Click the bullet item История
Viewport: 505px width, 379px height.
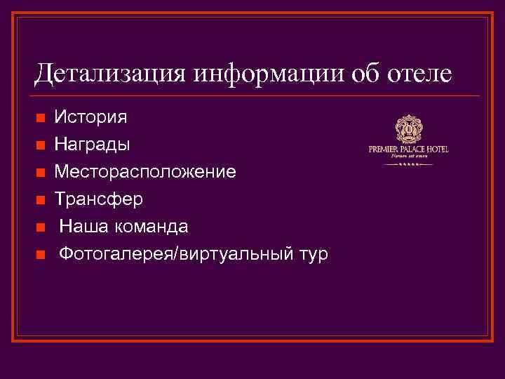coord(90,117)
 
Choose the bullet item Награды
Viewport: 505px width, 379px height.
coord(92,144)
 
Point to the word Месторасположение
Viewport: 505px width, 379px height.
coord(145,171)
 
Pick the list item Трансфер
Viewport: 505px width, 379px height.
coord(99,199)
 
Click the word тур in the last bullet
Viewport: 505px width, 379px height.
coord(311,253)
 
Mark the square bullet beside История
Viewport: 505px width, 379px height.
coord(41,117)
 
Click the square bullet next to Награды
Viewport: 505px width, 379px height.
coord(41,145)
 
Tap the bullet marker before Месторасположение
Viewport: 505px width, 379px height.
coord(41,172)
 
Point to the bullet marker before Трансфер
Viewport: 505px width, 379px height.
coord(41,199)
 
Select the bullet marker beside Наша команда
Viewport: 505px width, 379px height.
coord(41,227)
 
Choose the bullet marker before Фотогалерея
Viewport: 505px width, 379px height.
coord(41,254)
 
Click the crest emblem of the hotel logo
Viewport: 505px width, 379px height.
coord(409,129)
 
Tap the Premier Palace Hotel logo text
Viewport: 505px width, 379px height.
coord(409,149)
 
